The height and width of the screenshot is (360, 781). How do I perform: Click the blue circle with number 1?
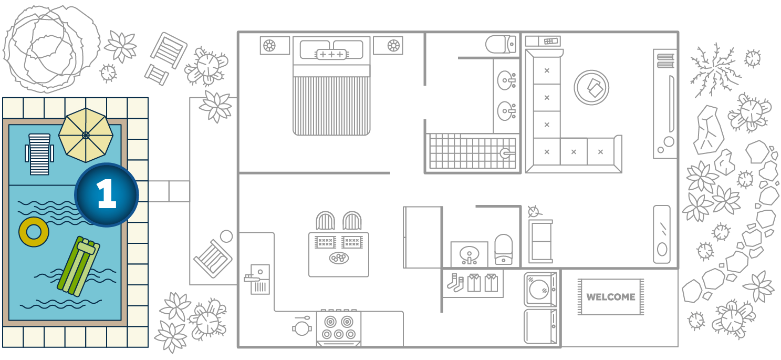point(107,195)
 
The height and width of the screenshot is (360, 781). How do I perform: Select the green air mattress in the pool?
point(78,266)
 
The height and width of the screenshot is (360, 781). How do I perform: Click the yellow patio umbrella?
point(86,136)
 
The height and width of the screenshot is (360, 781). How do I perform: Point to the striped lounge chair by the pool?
point(39,154)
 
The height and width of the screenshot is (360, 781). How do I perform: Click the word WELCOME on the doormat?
point(610,297)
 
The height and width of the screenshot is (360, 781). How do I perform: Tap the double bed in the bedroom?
point(331,86)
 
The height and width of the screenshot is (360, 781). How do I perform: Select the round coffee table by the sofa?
point(592,88)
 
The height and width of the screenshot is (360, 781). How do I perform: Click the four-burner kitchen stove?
point(339,327)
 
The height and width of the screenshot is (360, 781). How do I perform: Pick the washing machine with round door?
point(540,290)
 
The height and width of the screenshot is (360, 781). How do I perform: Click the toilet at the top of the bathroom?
point(501,44)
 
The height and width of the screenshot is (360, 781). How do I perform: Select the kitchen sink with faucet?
point(257,279)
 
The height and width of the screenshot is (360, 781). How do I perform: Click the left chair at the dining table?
point(325,220)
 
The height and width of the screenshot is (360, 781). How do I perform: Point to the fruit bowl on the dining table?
point(339,258)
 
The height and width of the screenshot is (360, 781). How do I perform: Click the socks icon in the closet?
point(456,283)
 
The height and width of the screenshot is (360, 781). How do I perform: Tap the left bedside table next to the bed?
point(275,45)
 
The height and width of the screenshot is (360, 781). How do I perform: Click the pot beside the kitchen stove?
point(302,327)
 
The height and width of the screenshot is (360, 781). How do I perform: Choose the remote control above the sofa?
point(550,41)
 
